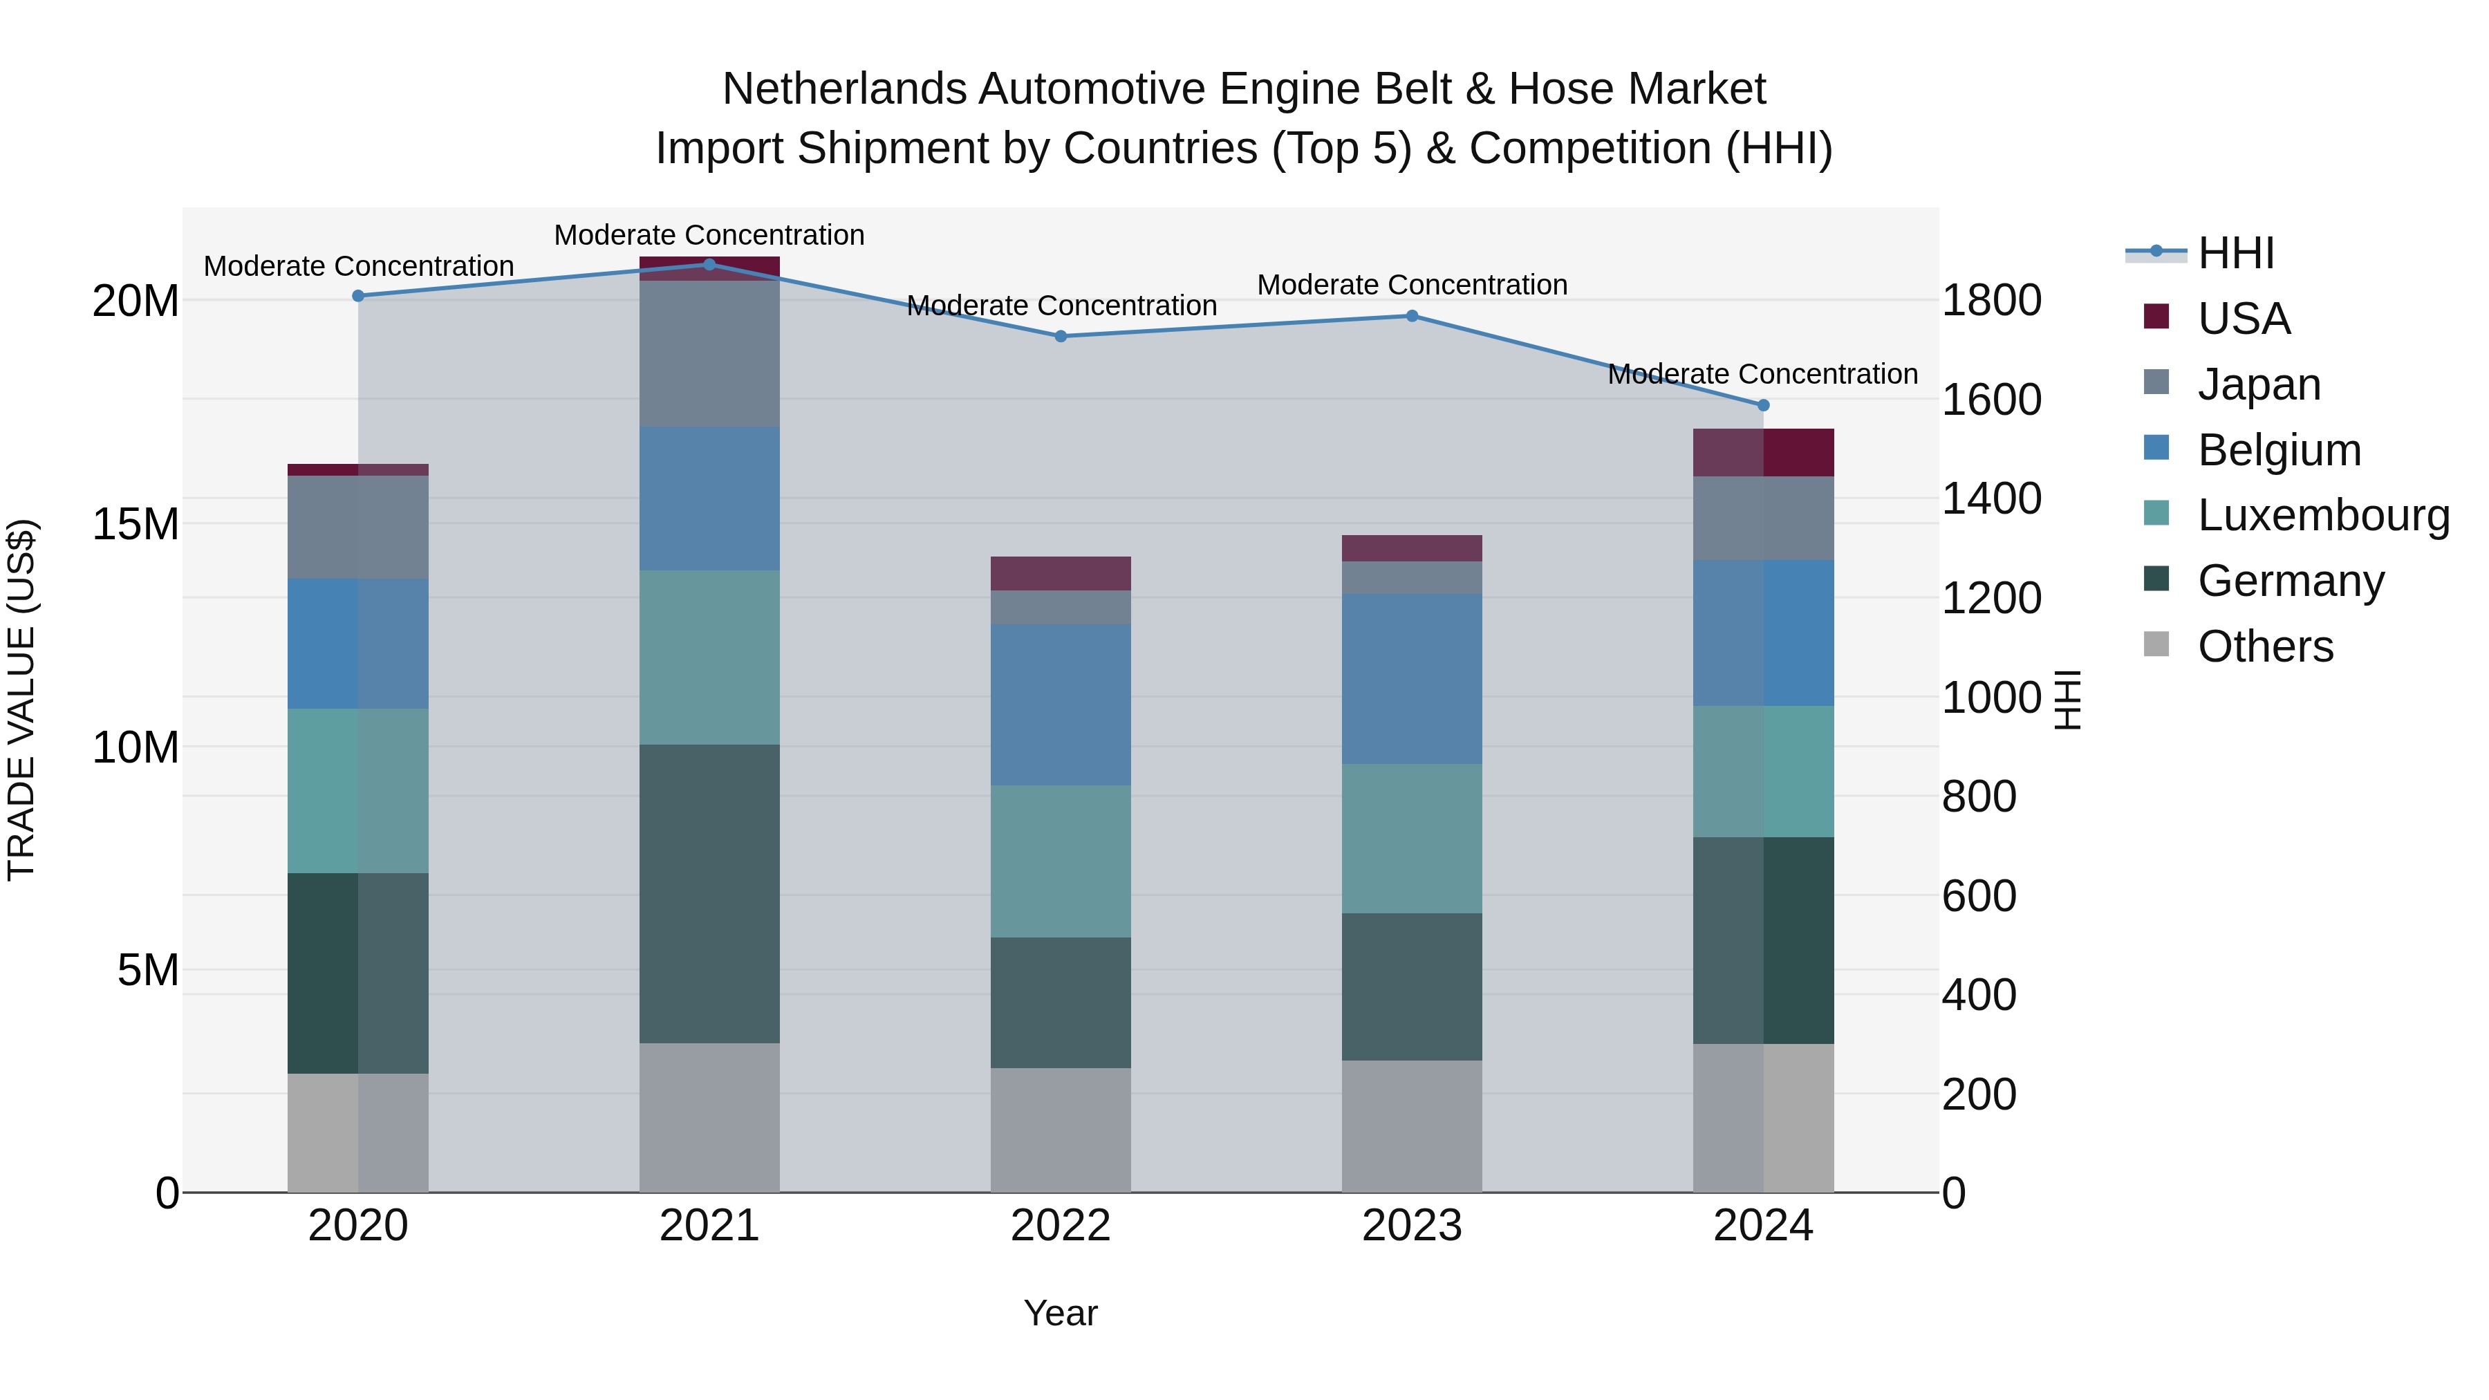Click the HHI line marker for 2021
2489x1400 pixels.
[709, 265]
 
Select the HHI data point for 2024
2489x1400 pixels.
[1763, 405]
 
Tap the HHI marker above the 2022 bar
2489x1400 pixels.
[1061, 336]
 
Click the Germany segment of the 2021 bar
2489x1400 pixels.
[709, 894]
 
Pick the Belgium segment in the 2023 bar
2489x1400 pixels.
[1412, 679]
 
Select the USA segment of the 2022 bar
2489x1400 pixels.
[1061, 573]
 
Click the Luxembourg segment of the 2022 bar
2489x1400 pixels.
[1061, 861]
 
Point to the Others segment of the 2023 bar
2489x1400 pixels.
[1412, 1127]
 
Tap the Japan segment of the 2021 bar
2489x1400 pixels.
[709, 353]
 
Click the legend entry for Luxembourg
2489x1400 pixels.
[2323, 515]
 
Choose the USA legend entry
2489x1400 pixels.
[2244, 319]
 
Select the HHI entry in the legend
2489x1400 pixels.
[2236, 253]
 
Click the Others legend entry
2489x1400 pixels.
[2265, 646]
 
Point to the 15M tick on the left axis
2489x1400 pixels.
[136, 525]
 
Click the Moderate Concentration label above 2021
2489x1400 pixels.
[709, 235]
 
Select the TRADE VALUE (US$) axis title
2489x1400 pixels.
[21, 700]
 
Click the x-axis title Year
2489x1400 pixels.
[1060, 1313]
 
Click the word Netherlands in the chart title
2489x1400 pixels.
[843, 89]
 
